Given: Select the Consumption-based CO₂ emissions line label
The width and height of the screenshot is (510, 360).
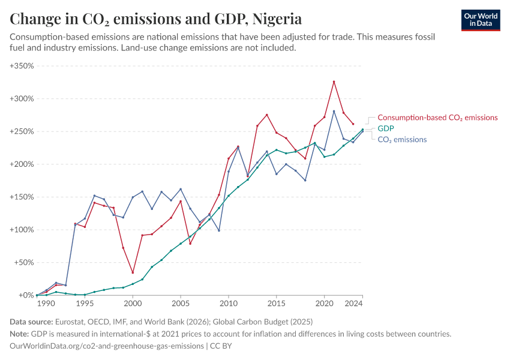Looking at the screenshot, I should (437, 118).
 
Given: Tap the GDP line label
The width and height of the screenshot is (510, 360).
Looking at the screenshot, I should (385, 128).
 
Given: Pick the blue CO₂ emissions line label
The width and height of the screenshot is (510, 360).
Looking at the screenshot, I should (402, 139).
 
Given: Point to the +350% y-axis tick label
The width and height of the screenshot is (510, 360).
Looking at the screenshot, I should (22, 65).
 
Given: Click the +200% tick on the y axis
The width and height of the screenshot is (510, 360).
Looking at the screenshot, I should (22, 164).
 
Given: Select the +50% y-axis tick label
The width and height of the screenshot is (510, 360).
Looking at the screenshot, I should (24, 262).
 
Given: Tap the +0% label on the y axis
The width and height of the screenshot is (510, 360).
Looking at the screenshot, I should (26, 295).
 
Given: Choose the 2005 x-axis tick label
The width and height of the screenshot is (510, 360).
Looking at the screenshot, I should (181, 304).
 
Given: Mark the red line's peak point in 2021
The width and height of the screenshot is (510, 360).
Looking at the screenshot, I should (334, 82).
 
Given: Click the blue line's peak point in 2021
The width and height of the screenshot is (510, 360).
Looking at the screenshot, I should (334, 111).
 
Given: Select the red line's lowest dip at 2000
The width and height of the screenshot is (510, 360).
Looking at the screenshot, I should (133, 272).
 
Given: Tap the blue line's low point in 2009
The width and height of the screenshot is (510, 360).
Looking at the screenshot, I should (219, 230).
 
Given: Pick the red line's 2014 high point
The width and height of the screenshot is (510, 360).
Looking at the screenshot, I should (267, 115).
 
